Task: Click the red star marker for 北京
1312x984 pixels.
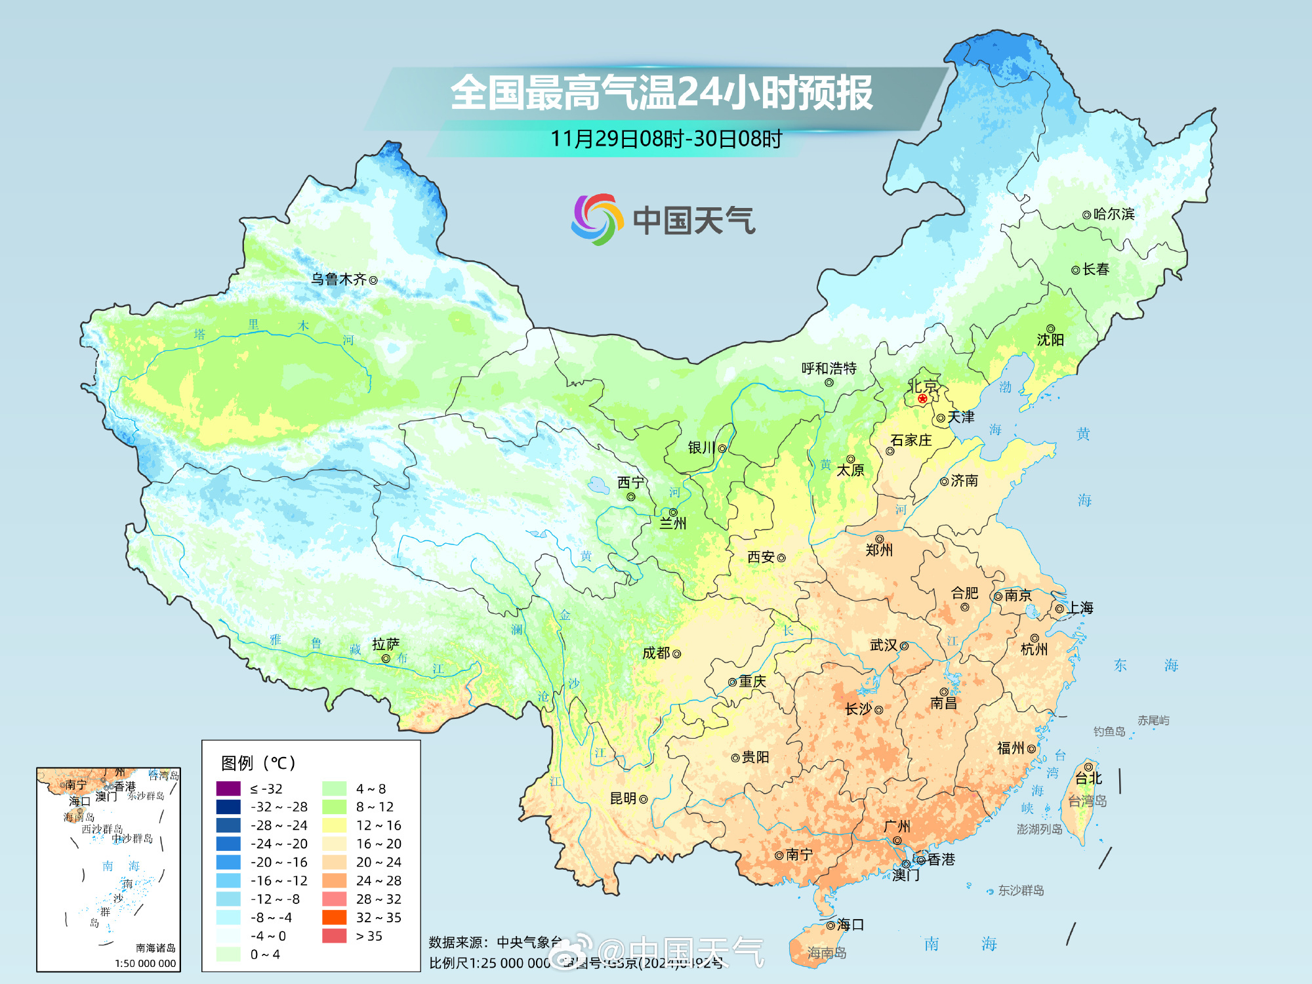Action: [922, 398]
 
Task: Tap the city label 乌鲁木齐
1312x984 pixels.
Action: [338, 279]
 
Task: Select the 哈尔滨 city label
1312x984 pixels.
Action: [1114, 214]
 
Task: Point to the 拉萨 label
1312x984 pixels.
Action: [386, 644]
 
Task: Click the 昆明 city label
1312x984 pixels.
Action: [623, 798]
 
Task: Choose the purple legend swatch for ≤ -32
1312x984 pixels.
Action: [228, 789]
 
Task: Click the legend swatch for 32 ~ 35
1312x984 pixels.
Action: [334, 917]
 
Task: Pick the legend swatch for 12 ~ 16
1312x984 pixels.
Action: [334, 825]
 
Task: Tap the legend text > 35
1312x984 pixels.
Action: [369, 936]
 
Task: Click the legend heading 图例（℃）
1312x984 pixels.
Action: [258, 763]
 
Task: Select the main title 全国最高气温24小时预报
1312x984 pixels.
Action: [661, 92]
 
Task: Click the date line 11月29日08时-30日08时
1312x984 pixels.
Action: [666, 139]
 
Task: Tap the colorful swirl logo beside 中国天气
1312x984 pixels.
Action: [596, 219]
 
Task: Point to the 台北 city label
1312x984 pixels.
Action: [1088, 779]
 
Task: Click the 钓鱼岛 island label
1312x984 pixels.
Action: [1109, 731]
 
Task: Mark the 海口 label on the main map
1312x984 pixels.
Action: [850, 925]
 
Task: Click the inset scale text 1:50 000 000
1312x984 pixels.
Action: [145, 963]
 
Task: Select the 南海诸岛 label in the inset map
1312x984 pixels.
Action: [155, 948]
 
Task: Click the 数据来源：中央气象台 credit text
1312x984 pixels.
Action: [495, 943]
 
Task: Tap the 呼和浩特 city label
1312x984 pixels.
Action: [829, 368]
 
